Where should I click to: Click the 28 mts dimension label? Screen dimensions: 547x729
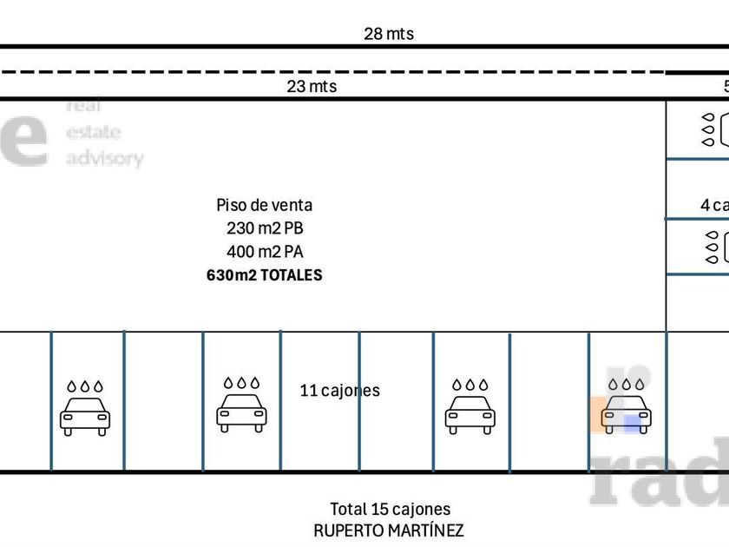pos(388,34)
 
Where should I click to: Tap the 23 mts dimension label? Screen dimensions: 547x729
pos(312,87)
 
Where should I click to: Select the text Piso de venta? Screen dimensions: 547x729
pos(264,205)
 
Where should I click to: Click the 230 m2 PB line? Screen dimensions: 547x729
pos(264,228)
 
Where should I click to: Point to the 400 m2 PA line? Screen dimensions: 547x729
pos(264,252)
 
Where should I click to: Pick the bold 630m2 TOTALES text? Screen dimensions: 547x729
pos(264,275)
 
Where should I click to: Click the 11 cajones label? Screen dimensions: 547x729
pos(339,391)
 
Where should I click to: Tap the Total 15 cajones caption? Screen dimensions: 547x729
pos(390,510)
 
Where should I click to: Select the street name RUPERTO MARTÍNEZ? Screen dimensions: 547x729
pos(389,531)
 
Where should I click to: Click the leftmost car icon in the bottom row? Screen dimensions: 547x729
pos(85,416)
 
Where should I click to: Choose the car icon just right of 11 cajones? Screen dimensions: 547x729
pos(470,416)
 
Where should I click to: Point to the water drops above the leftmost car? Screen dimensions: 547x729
pos(85,386)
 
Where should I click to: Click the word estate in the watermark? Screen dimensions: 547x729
pos(94,133)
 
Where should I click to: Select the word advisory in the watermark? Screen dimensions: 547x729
pos(104,159)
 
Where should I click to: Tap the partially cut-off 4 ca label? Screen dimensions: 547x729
pos(714,205)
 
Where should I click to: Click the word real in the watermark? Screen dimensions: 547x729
pos(84,106)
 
